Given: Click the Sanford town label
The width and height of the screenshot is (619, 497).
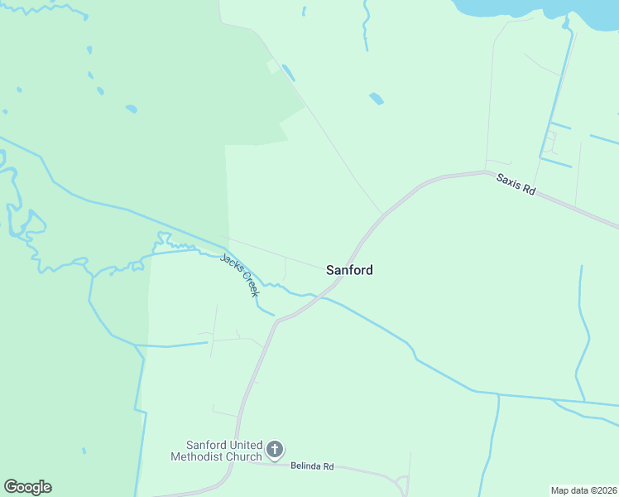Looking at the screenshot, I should [x=349, y=270].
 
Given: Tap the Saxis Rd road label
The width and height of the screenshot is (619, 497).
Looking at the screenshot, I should [x=516, y=184].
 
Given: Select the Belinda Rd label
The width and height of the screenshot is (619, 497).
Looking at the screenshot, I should [x=312, y=466].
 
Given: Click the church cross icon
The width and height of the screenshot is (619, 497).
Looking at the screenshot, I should [x=275, y=451].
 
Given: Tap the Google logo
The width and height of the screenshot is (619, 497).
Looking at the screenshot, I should [x=27, y=487].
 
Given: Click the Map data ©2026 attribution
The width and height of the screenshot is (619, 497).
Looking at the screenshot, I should [x=583, y=490].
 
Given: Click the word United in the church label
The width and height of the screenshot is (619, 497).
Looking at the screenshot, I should [x=243, y=445].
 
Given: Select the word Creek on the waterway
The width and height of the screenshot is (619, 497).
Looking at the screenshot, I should [x=250, y=284].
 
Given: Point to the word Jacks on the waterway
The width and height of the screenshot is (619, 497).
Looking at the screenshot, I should [x=230, y=264].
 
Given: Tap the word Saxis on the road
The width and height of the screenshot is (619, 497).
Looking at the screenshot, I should [x=509, y=181].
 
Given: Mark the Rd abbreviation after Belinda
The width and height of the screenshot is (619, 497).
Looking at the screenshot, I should [x=329, y=466].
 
